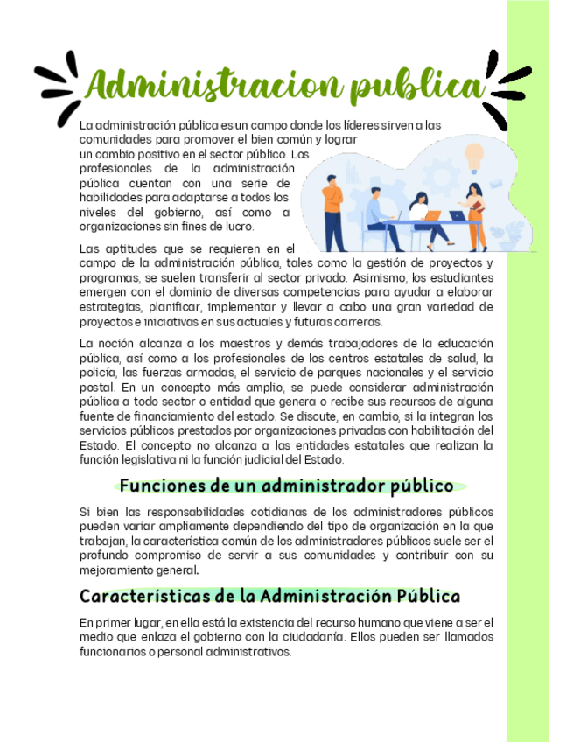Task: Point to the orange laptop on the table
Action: tap(431, 214)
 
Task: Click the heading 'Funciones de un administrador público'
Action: tap(287, 486)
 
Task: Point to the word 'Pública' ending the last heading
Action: tap(428, 597)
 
